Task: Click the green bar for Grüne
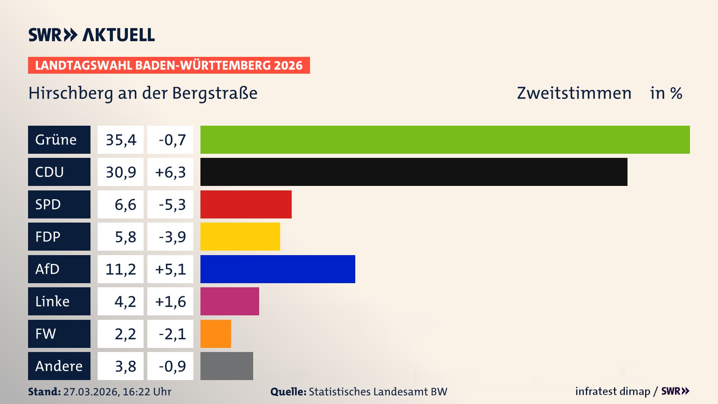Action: click(x=445, y=140)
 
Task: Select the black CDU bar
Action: click(x=414, y=172)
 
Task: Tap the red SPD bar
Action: click(x=246, y=204)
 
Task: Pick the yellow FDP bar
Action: click(x=240, y=236)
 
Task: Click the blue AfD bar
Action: click(x=277, y=269)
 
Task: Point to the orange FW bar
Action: click(x=215, y=334)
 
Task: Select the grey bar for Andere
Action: click(x=227, y=366)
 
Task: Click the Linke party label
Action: click(x=59, y=301)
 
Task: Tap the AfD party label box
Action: click(x=59, y=269)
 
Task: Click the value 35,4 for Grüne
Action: click(x=120, y=140)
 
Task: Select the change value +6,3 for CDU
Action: click(x=170, y=172)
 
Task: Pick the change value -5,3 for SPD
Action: click(x=170, y=204)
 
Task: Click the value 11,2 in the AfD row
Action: click(x=120, y=269)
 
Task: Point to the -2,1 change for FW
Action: click(x=170, y=334)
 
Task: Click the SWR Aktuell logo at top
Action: click(x=91, y=35)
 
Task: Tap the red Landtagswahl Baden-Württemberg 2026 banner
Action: click(x=169, y=65)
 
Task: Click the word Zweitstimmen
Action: click(x=574, y=93)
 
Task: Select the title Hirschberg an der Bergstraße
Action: click(x=143, y=93)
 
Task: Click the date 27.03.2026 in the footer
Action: click(x=91, y=392)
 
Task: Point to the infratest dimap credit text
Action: click(x=612, y=391)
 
